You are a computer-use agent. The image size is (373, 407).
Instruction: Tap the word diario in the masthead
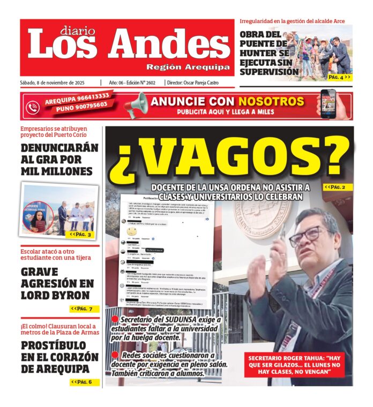[78, 31]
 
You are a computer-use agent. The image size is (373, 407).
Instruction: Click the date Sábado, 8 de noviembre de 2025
[58, 83]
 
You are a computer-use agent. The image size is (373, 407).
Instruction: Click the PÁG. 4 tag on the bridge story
[339, 77]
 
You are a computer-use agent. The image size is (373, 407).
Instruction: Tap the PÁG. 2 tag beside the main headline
[338, 187]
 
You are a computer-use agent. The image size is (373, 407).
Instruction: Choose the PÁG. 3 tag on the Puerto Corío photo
[81, 235]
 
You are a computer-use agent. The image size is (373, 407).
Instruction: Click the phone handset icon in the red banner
[33, 105]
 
